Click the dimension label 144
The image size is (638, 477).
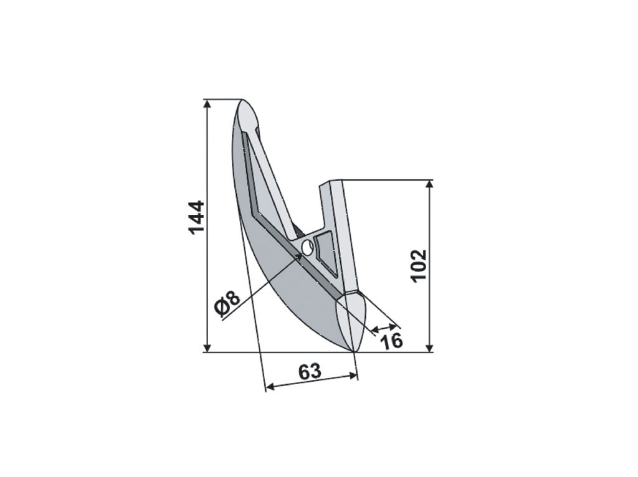click(196, 217)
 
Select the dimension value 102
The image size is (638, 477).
click(418, 266)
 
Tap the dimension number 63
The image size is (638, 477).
click(310, 372)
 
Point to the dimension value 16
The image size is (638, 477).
click(391, 341)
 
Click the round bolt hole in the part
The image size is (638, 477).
click(307, 247)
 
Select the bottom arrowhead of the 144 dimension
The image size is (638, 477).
click(207, 347)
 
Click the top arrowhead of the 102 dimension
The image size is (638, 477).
click(429, 184)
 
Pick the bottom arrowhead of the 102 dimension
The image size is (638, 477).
click(429, 347)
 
